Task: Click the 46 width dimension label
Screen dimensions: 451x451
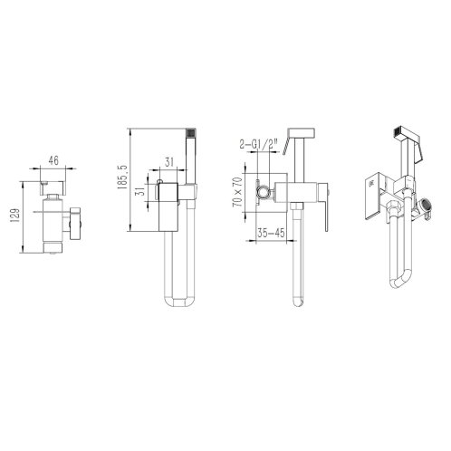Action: click(53, 160)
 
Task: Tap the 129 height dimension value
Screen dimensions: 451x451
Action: click(15, 216)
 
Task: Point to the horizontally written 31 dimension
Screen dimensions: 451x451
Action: click(169, 162)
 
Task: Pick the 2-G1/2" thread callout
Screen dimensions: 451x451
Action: click(258, 144)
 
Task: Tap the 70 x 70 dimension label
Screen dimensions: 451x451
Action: click(237, 192)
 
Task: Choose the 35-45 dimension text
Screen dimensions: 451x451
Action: click(271, 233)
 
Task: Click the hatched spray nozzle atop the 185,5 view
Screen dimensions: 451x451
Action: click(191, 133)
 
